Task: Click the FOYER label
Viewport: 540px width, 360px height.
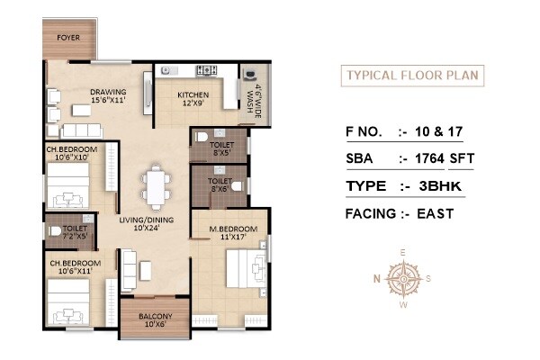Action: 67,38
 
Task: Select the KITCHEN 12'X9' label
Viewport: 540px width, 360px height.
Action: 193,98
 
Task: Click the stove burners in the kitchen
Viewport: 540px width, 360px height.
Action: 205,69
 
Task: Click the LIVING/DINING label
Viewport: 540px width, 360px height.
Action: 147,222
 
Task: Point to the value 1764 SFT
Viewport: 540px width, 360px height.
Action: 447,160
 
